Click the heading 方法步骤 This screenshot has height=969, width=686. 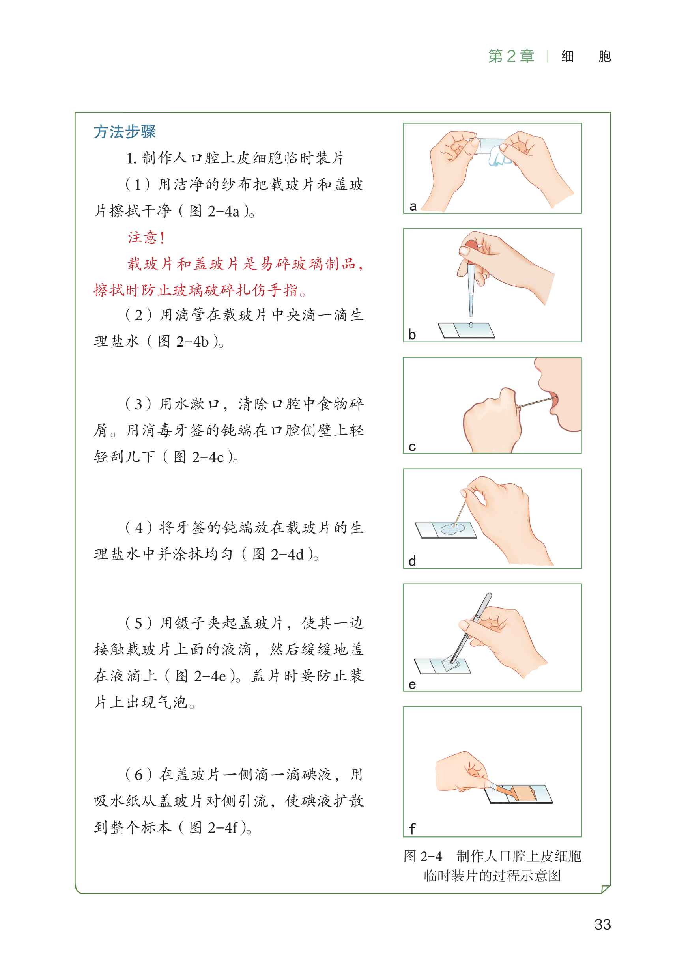coord(125,132)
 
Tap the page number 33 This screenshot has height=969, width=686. coord(602,924)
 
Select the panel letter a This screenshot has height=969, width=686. coord(413,207)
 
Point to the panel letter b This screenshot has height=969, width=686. coord(412,334)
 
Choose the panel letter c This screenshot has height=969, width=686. coord(412,447)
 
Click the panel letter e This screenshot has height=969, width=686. coord(412,685)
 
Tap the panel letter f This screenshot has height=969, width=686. coord(412,828)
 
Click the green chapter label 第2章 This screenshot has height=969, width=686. coord(511,56)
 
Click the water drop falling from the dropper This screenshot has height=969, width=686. coord(471,325)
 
